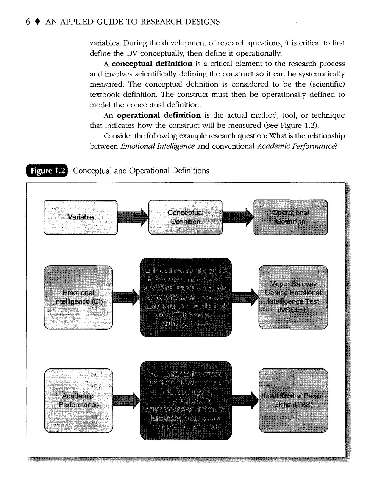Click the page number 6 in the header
pyautogui.click(x=28, y=22)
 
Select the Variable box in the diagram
pyautogui.click(x=81, y=217)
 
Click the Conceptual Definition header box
pyautogui.click(x=185, y=217)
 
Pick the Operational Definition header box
pyautogui.click(x=290, y=217)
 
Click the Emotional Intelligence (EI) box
pyautogui.click(x=78, y=297)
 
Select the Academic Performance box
pyautogui.click(x=78, y=400)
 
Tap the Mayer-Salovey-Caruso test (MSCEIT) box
pyautogui.click(x=293, y=297)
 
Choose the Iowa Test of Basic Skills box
pyautogui.click(x=293, y=400)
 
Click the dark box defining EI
pyautogui.click(x=186, y=297)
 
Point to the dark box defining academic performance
pyautogui.click(x=186, y=400)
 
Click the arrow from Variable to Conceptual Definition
pyautogui.click(x=133, y=217)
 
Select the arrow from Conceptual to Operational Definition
pyautogui.click(x=238, y=217)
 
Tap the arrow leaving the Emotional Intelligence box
pyautogui.click(x=126, y=297)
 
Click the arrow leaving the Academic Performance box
pyautogui.click(x=126, y=400)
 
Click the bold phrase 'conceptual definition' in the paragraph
pyautogui.click(x=152, y=64)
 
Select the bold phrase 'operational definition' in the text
pyautogui.click(x=159, y=115)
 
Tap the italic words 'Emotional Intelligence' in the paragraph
pyautogui.click(x=158, y=146)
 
